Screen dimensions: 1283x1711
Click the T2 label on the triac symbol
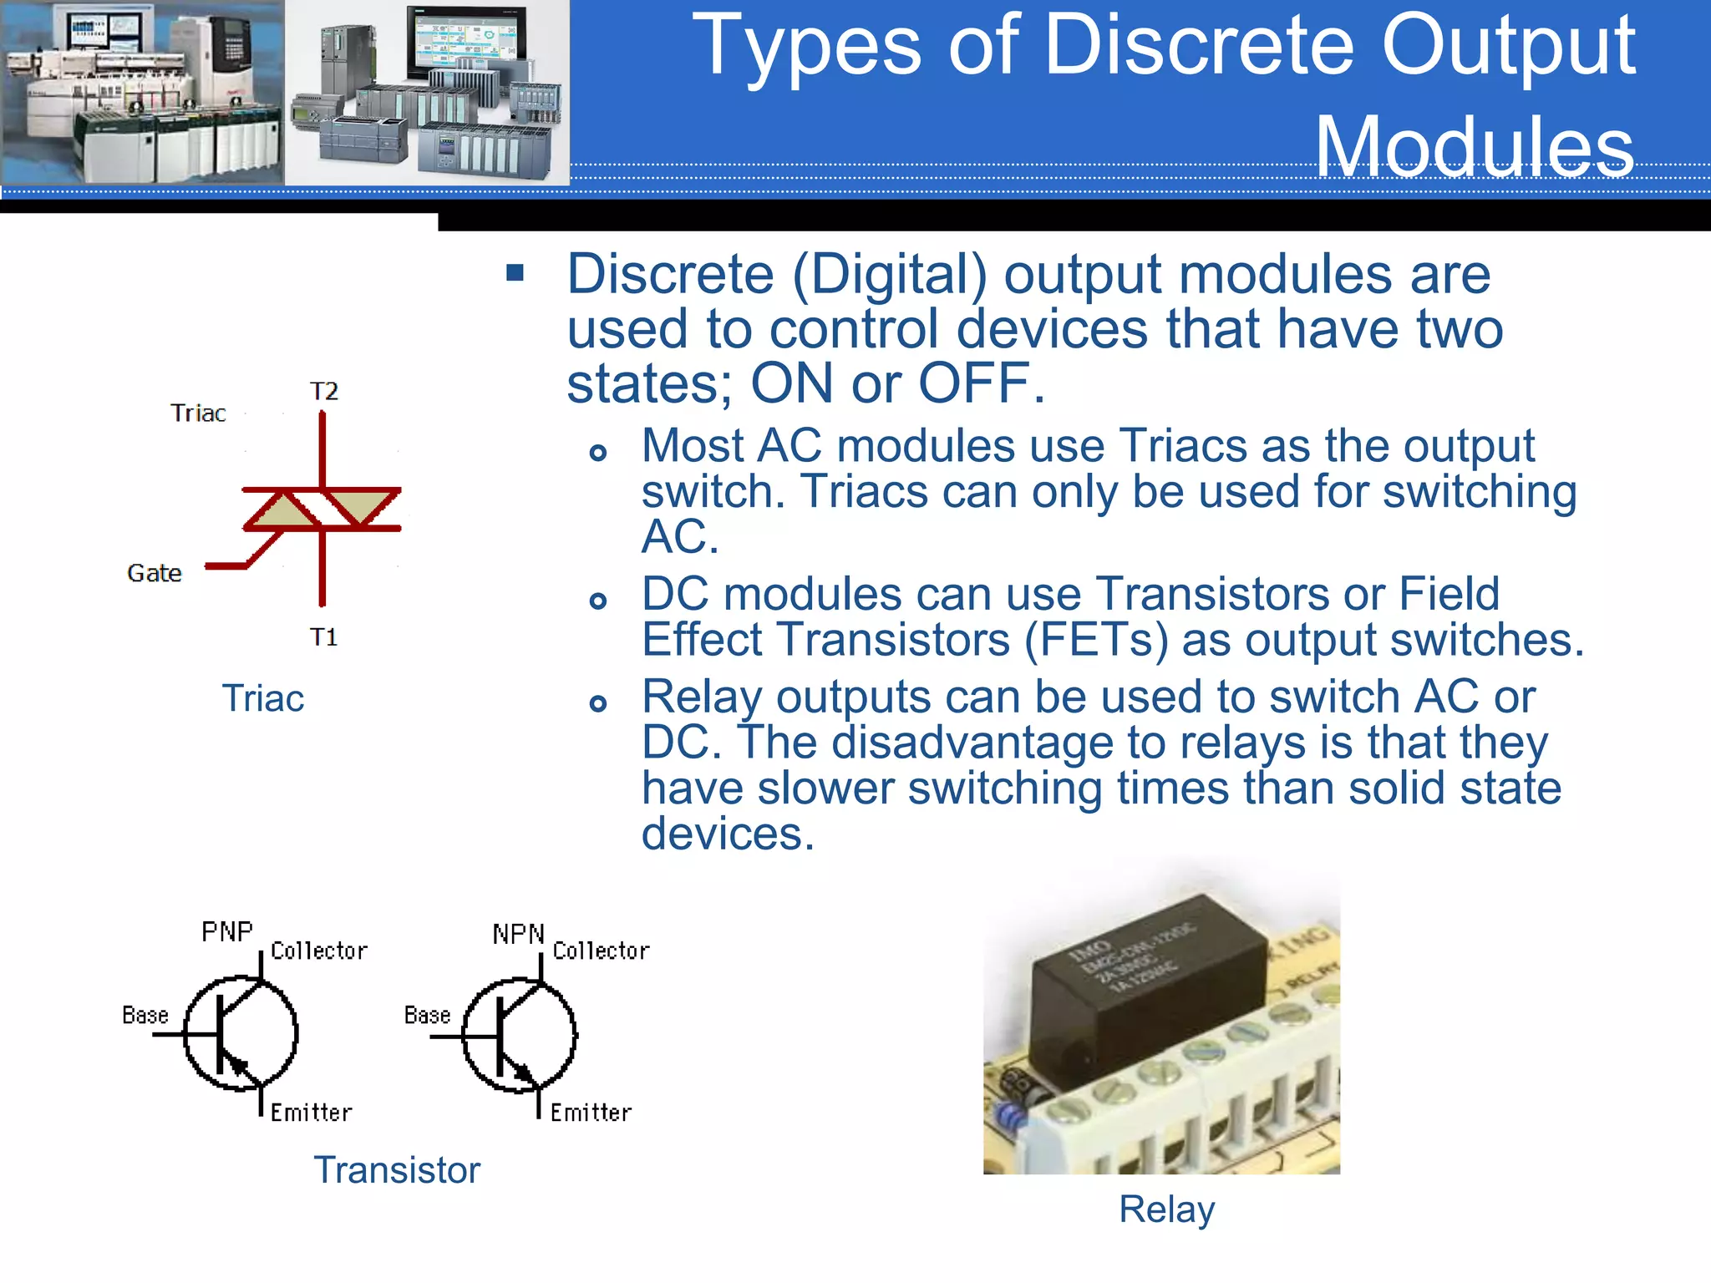(x=324, y=391)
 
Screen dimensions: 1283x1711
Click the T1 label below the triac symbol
(x=324, y=637)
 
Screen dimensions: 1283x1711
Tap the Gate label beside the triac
(x=155, y=573)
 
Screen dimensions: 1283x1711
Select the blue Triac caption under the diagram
(x=262, y=698)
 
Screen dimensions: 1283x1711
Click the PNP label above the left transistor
(x=226, y=931)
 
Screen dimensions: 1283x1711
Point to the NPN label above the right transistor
(x=518, y=934)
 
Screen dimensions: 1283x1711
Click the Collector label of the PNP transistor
(x=319, y=951)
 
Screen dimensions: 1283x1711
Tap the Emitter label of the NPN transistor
(x=591, y=1113)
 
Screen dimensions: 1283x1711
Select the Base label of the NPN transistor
(x=427, y=1015)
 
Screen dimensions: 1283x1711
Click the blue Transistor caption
(x=397, y=1169)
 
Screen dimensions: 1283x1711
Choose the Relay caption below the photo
(x=1166, y=1209)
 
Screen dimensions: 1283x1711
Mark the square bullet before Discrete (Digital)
(x=515, y=273)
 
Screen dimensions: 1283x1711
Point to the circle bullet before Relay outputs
(x=597, y=703)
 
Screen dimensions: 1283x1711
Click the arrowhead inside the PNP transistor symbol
(x=238, y=1067)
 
